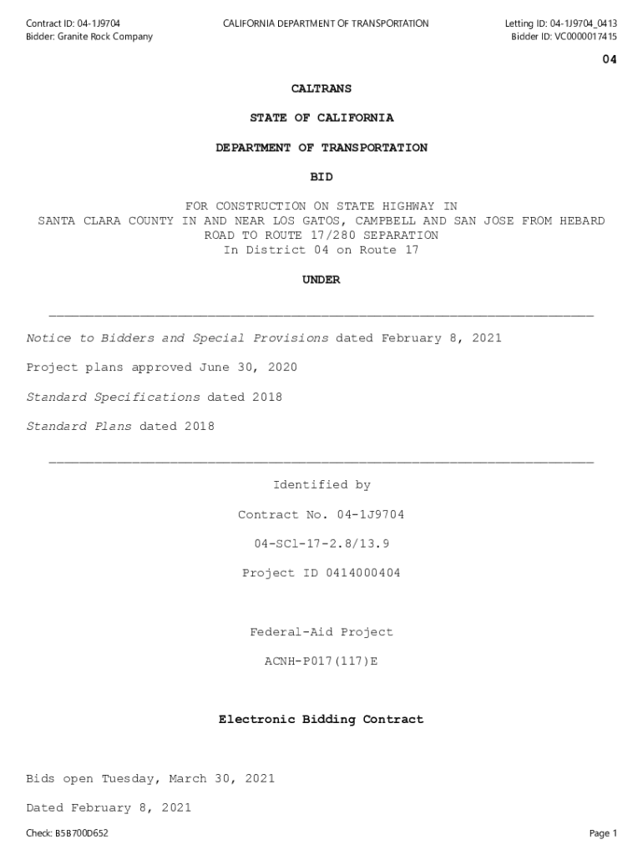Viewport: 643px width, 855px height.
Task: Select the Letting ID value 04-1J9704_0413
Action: pyautogui.click(x=585, y=23)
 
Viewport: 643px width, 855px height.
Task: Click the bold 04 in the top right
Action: pyautogui.click(x=610, y=59)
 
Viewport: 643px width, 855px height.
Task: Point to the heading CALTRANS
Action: pyautogui.click(x=321, y=89)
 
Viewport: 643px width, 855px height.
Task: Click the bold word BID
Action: pyautogui.click(x=321, y=177)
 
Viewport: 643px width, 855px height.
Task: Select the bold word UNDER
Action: pyautogui.click(x=321, y=281)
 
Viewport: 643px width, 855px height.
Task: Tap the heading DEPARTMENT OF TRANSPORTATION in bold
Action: pyautogui.click(x=321, y=148)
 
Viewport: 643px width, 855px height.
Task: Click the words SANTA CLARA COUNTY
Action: pyautogui.click(x=106, y=221)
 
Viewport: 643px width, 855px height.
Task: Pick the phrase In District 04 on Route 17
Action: pyautogui.click(x=321, y=250)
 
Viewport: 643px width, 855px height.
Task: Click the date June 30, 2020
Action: pyautogui.click(x=248, y=368)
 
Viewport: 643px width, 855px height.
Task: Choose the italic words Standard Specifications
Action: pyautogui.click(x=114, y=397)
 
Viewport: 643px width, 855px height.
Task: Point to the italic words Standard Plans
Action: pyautogui.click(x=79, y=427)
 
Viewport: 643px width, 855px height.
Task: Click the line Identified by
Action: pyautogui.click(x=321, y=485)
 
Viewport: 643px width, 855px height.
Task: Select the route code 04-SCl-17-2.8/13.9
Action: pyautogui.click(x=321, y=544)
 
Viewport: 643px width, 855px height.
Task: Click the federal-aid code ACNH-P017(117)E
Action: pyautogui.click(x=321, y=661)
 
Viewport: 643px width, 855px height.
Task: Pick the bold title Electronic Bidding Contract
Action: pyautogui.click(x=321, y=720)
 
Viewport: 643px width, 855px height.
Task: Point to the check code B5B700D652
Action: pyautogui.click(x=82, y=833)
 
